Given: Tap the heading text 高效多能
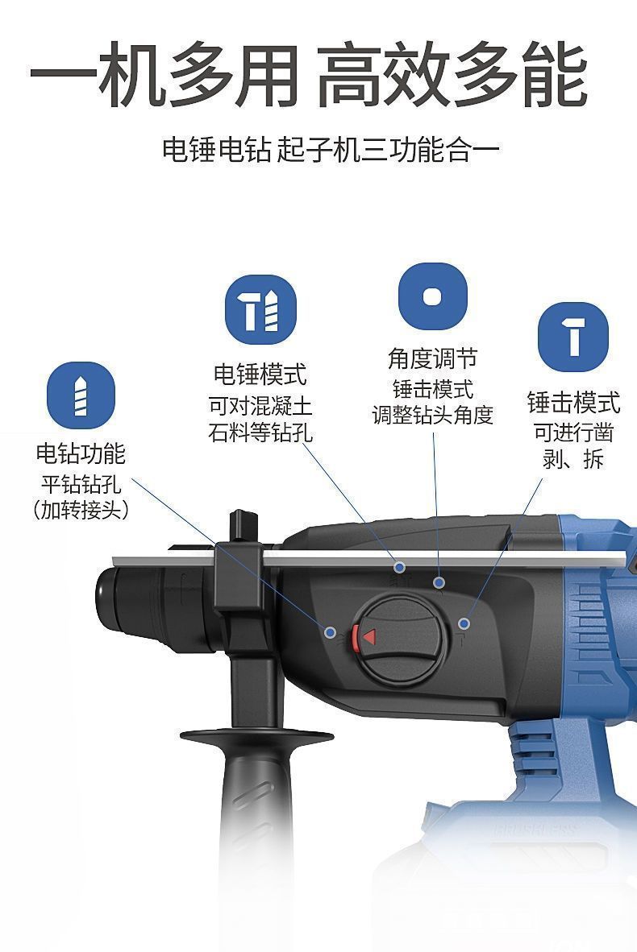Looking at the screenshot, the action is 452,74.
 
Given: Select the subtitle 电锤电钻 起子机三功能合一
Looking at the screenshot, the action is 330,149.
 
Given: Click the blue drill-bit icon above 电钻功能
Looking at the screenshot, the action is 81,395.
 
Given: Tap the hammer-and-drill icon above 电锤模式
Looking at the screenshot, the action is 260,309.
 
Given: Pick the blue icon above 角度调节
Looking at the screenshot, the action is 433,296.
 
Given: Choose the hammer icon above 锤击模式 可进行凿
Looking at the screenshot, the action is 573,337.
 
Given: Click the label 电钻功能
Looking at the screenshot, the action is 81,453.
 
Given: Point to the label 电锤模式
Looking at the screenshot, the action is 260,374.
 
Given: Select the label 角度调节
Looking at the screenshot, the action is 433,358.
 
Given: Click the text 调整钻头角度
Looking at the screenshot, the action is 433,416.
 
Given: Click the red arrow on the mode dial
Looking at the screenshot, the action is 368,637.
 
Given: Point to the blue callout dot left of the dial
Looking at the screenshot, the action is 331,632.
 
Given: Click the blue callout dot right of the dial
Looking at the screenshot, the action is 464,623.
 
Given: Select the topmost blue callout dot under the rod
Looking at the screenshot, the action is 399,567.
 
